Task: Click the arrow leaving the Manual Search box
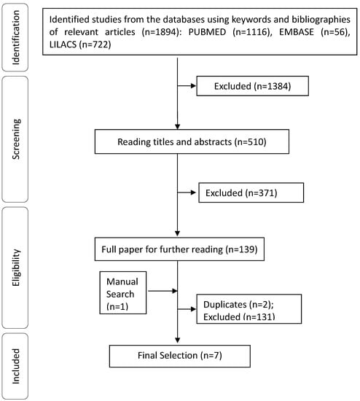(x=162, y=290)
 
